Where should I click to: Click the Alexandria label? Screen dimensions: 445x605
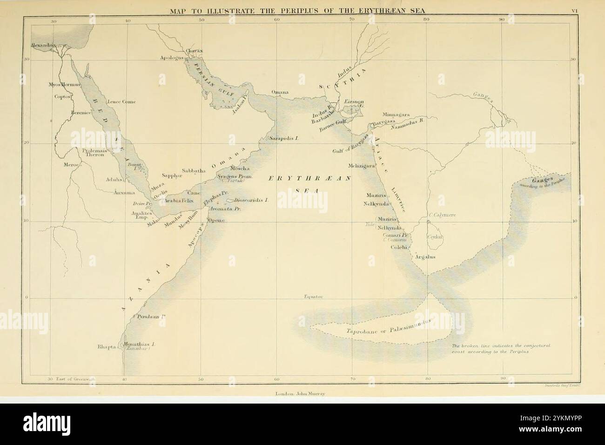point(43,45)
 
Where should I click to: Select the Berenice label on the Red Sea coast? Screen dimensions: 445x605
point(80,113)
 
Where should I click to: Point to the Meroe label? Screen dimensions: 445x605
point(72,164)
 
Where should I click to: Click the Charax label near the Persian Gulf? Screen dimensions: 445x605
point(194,50)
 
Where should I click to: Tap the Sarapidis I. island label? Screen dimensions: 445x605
point(284,139)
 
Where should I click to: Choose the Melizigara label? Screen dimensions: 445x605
point(362,166)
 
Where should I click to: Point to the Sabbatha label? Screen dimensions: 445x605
point(194,171)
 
